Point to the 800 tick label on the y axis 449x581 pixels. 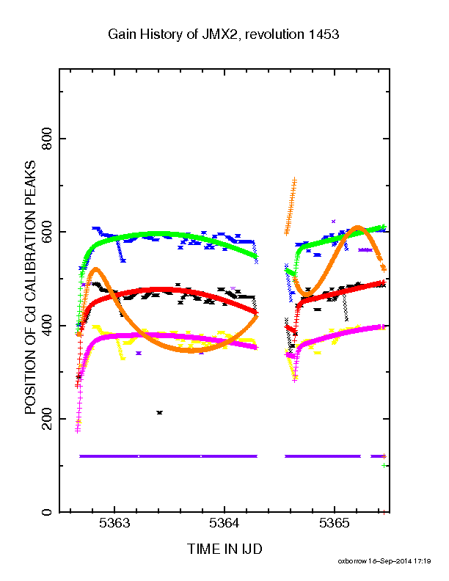click(x=47, y=139)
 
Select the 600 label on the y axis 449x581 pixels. click(x=47, y=232)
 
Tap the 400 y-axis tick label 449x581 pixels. click(x=47, y=325)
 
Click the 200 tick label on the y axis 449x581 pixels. click(x=47, y=419)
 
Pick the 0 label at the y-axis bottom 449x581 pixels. click(x=47, y=512)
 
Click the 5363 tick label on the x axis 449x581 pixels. click(x=114, y=523)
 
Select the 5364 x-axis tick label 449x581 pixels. click(x=224, y=523)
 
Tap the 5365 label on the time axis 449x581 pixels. click(x=334, y=523)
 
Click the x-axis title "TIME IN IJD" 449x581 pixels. click(x=224, y=549)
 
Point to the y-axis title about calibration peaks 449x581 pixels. click(x=30, y=287)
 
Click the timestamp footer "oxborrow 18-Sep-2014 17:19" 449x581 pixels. click(x=384, y=561)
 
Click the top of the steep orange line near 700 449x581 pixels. click(x=294, y=180)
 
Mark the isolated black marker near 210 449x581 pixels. click(x=160, y=412)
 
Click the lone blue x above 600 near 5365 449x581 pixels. click(x=333, y=222)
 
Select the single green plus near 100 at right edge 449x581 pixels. click(x=384, y=465)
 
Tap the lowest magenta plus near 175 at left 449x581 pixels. click(x=78, y=431)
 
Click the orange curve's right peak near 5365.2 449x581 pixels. click(x=357, y=227)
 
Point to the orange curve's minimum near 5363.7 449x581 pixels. click(x=191, y=350)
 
